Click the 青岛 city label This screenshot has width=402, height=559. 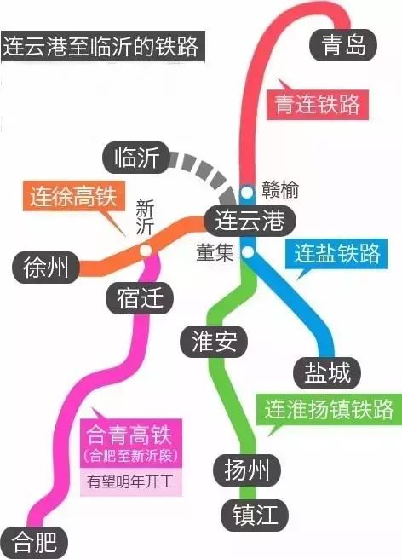[343, 45]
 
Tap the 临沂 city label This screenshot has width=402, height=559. [136, 158]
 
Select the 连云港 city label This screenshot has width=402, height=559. [250, 221]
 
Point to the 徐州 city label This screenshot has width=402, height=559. [46, 268]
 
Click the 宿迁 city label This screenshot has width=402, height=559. [140, 298]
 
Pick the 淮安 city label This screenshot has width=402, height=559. [214, 342]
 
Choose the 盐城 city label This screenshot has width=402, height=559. [327, 373]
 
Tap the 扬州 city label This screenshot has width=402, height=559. [247, 470]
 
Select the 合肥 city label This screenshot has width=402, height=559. [34, 542]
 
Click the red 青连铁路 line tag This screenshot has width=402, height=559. [318, 105]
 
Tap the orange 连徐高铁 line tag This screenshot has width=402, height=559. [74, 196]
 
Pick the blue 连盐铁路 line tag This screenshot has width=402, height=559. [336, 253]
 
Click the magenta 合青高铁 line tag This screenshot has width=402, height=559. [131, 443]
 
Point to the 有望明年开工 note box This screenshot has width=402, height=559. [131, 482]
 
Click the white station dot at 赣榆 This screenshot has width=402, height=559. [247, 193]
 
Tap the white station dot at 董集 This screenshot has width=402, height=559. [248, 252]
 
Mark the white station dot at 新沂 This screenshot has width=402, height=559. [146, 250]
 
